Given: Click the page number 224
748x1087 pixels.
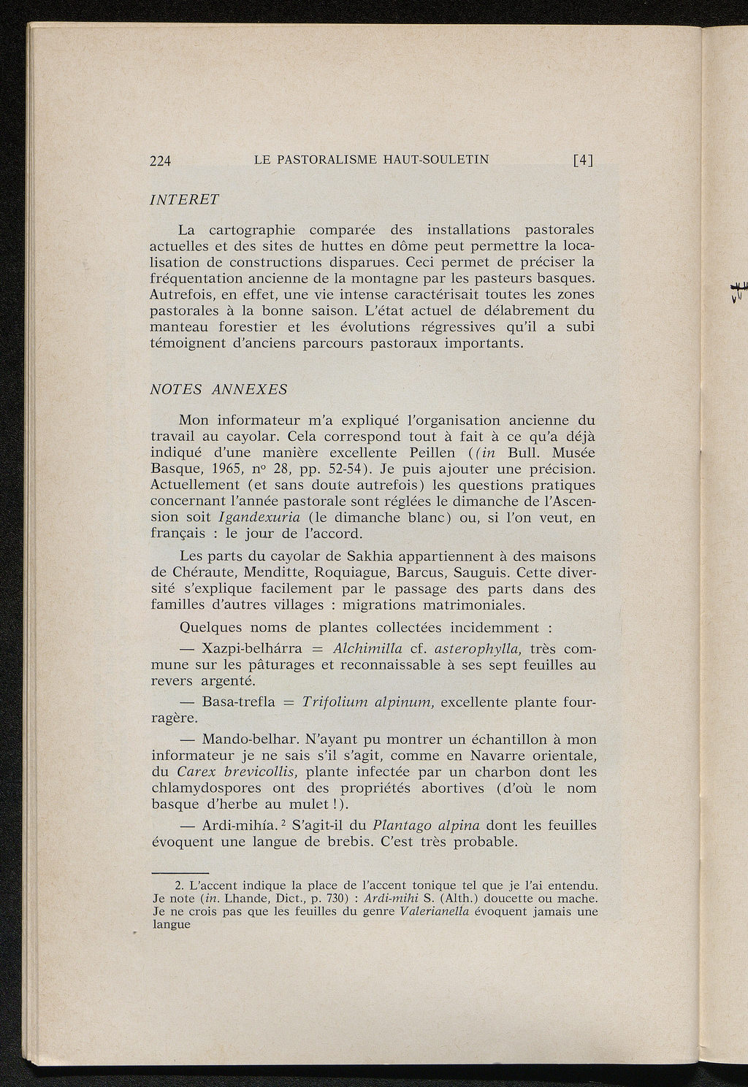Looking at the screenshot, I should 160,161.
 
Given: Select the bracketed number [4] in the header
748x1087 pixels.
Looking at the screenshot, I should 582,161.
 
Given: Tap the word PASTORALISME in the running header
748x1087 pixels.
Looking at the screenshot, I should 327,160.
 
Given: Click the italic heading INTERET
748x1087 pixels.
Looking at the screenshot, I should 184,199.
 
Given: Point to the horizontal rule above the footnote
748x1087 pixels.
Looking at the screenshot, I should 180,872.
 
